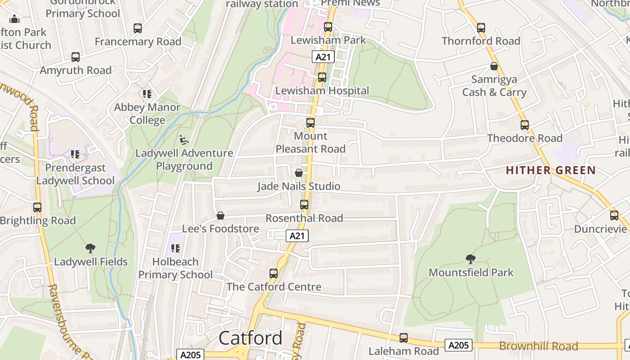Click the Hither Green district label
coord(550,171)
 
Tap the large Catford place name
coord(251,338)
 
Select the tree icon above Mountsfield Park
coord(471,259)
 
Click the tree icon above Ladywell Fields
coord(90,248)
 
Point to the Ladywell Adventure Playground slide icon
coord(184,140)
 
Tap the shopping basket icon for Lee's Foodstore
coord(220,216)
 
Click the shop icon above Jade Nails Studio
coord(298,173)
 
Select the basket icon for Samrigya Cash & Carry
coord(494,67)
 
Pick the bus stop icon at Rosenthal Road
coord(304,205)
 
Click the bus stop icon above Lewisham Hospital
coord(322,77)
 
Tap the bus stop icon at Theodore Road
coord(525,125)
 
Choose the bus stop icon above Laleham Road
coord(404,338)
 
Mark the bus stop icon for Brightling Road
coord(37,207)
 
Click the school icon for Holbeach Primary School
coord(175,248)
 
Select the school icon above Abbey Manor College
coord(147,94)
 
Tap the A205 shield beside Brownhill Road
coord(459,345)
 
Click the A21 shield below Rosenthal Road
coord(297,236)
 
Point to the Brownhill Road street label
coord(539,346)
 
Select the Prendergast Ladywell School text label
coord(75,174)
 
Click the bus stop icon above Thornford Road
coord(481,28)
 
